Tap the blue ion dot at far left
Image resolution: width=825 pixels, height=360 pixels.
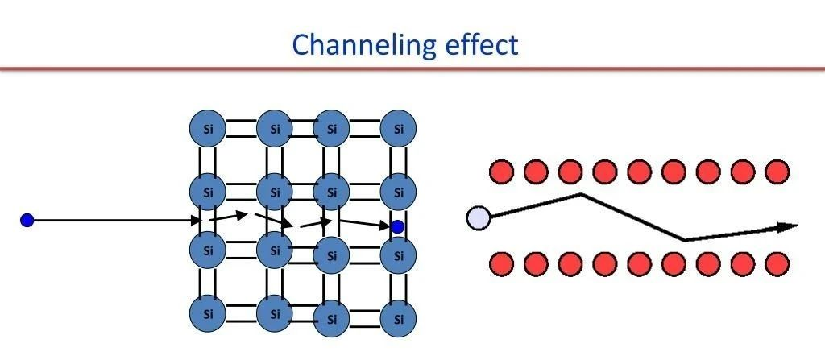point(27,220)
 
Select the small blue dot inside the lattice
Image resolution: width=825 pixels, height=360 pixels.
point(397,227)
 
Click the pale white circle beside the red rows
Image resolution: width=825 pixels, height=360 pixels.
point(479,217)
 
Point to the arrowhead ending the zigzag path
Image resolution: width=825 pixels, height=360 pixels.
point(789,227)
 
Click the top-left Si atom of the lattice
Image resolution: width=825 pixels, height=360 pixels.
point(207,129)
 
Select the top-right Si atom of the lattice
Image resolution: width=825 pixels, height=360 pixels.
point(399,129)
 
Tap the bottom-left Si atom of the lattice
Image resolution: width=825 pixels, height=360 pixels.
point(207,312)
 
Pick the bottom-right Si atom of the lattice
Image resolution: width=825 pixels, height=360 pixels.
point(399,319)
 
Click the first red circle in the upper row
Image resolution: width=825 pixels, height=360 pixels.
point(502,172)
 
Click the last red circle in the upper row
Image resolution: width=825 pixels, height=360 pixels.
point(777,172)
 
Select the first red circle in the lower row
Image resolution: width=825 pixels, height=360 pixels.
point(502,263)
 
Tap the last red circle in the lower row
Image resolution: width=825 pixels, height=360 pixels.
point(777,263)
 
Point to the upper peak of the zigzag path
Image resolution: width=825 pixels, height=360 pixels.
point(582,194)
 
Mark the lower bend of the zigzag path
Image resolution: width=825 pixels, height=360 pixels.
point(685,239)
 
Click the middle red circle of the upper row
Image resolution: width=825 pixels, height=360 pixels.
point(640,172)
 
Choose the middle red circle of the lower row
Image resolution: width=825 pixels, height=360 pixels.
point(640,263)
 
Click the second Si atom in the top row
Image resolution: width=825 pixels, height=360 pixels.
point(275,129)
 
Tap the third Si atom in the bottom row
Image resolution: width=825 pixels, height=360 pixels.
point(331,319)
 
